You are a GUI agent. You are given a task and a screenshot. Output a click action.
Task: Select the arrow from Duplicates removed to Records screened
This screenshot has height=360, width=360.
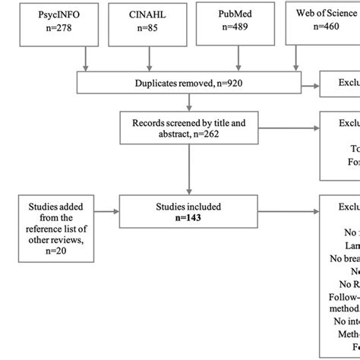[188, 103]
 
